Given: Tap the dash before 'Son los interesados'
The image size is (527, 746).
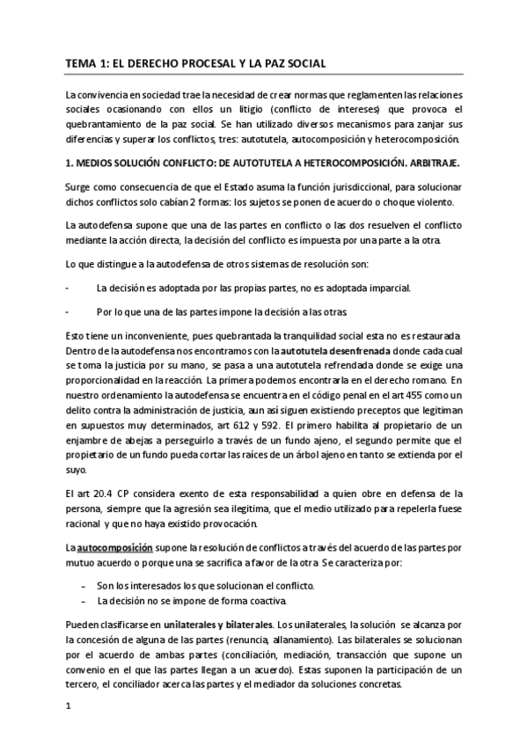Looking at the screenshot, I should [x=83, y=586].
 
